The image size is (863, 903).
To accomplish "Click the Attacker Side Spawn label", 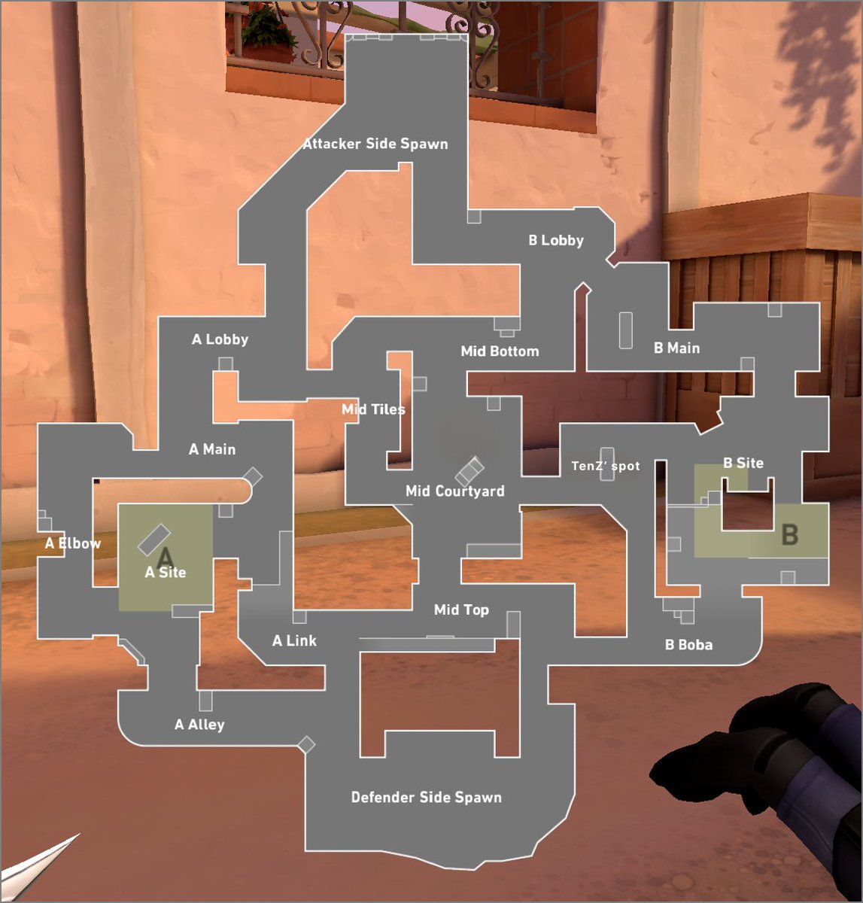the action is pyautogui.click(x=375, y=144).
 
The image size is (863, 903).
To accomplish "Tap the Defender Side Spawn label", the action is pyautogui.click(x=427, y=797).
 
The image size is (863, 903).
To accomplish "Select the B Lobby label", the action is pyautogui.click(x=556, y=240).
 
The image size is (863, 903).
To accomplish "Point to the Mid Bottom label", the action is pyautogui.click(x=500, y=351).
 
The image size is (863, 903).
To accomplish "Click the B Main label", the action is pyautogui.click(x=676, y=348).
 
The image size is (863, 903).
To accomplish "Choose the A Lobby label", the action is pyautogui.click(x=220, y=339).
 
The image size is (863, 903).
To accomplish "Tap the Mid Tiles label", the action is pyautogui.click(x=373, y=409).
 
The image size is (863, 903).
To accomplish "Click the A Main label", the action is pyautogui.click(x=212, y=449).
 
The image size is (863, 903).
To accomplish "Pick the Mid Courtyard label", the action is pyautogui.click(x=454, y=491).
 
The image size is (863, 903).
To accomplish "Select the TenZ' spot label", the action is pyautogui.click(x=606, y=466).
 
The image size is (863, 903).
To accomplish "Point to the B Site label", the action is pyautogui.click(x=743, y=463).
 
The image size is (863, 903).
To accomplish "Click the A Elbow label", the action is pyautogui.click(x=73, y=543).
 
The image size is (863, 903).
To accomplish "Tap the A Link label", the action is pyautogui.click(x=294, y=641).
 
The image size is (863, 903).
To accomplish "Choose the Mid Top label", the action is pyautogui.click(x=461, y=610).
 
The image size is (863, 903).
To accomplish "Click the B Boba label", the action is pyautogui.click(x=688, y=645).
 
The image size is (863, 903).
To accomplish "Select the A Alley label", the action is pyautogui.click(x=199, y=725).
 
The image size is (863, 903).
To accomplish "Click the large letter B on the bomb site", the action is pyautogui.click(x=790, y=534).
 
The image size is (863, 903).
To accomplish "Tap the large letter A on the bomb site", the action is pyautogui.click(x=166, y=557).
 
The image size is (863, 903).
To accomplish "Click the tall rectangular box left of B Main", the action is pyautogui.click(x=626, y=330).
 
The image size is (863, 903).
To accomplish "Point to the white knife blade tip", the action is pyautogui.click(x=80, y=834).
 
